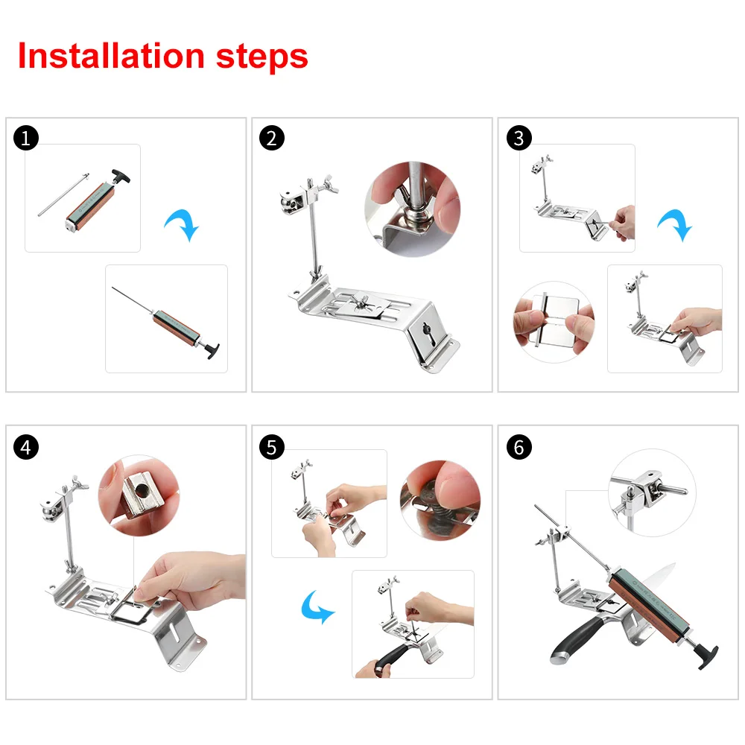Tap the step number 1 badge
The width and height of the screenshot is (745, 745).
tap(26, 139)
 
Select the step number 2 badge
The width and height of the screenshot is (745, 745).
tap(272, 139)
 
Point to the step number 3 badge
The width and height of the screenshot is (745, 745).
tap(518, 139)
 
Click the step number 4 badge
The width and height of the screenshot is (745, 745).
tap(26, 447)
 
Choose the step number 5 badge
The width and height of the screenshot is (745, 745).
tap(272, 447)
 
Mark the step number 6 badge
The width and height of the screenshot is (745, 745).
tap(518, 447)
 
